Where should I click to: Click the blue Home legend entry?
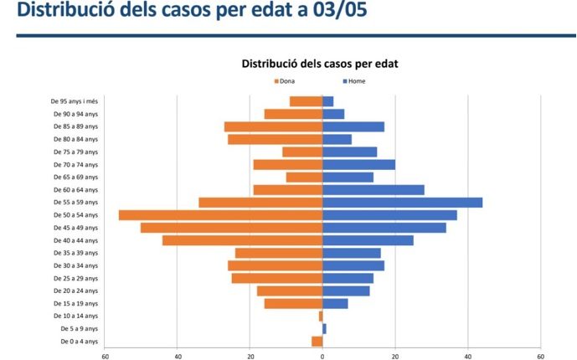[355, 81]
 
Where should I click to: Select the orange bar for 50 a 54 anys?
[221, 215]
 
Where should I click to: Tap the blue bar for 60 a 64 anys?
[374, 190]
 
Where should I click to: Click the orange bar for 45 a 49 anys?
[232, 228]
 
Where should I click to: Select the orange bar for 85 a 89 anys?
[273, 126]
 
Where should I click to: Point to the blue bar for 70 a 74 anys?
[358, 165]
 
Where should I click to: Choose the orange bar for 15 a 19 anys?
[293, 303]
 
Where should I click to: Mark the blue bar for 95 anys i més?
[327, 101]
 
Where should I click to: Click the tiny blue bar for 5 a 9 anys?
[324, 328]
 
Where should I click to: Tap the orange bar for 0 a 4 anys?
[317, 341]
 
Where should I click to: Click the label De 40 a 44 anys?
[80, 240]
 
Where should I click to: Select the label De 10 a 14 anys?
[80, 316]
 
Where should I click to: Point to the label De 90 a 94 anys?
[80, 114]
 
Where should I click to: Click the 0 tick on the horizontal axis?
[322, 356]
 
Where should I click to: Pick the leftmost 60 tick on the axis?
[106, 356]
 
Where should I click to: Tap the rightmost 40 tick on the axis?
[468, 356]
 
